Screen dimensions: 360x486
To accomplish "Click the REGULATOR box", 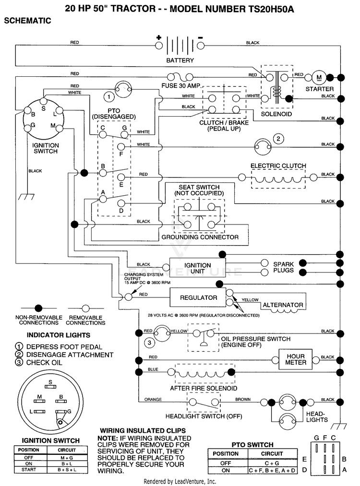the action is point(198,297).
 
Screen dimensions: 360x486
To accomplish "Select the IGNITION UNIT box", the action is point(197,268).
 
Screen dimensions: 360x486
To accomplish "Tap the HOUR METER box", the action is point(296,359).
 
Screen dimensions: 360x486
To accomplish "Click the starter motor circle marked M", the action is point(319,78).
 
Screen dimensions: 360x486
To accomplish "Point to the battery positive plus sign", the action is point(159,38).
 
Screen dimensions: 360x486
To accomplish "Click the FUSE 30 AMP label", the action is point(181,86).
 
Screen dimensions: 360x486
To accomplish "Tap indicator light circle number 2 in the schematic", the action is point(278,139).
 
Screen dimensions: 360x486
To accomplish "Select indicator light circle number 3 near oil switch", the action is point(149,343).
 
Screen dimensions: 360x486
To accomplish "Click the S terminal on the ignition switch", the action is point(43,101).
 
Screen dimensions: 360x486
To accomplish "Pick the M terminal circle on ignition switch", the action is point(59,128).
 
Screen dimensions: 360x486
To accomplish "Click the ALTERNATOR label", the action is point(283,305).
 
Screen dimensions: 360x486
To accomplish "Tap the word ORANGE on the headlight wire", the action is point(153,400).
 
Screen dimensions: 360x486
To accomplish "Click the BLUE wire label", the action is point(153,369).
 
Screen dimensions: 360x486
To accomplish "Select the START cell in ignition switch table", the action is point(29,470).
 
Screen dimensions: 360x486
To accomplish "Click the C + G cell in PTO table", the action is point(272,463).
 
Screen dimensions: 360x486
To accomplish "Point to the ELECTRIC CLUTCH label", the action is point(278,166).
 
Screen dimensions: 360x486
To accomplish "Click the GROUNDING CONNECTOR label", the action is point(200,237).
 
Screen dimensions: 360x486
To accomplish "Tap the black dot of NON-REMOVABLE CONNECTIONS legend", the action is point(38,308).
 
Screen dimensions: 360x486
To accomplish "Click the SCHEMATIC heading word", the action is point(27,21).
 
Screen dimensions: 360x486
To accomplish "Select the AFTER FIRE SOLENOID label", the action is point(204,388).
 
